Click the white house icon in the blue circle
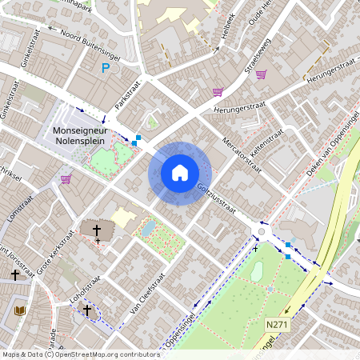(x=180, y=173)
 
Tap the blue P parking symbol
(x=105, y=70)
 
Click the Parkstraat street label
(x=126, y=94)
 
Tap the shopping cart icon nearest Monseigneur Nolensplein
(x=66, y=178)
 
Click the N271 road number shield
(x=277, y=325)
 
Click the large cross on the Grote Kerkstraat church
(x=98, y=230)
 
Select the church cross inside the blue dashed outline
(x=87, y=308)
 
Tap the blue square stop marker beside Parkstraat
(x=138, y=138)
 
